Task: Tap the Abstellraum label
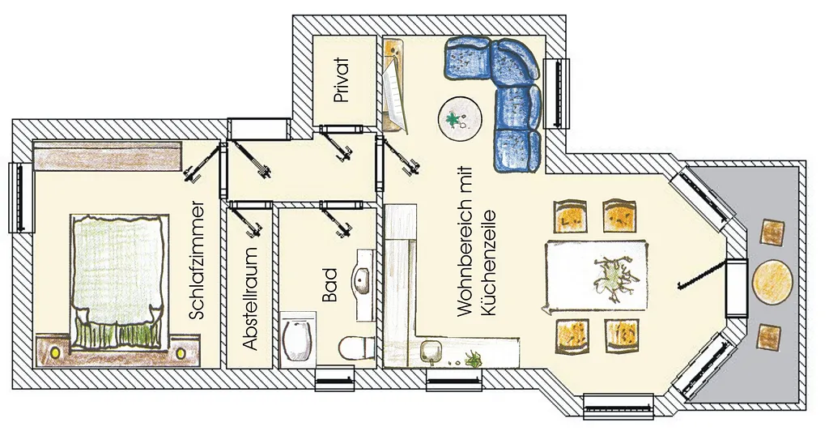click(x=251, y=298)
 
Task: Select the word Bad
click(x=329, y=285)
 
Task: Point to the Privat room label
click(x=342, y=80)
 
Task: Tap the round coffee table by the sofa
click(x=460, y=119)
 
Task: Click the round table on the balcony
click(x=772, y=281)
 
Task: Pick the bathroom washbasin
click(x=363, y=279)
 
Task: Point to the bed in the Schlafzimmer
click(x=120, y=281)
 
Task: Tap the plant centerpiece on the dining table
click(x=614, y=275)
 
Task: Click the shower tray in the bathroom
click(x=297, y=339)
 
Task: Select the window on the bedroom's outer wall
click(x=22, y=198)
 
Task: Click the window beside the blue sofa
click(x=557, y=93)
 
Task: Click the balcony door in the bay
click(x=737, y=288)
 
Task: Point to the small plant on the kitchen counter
click(x=473, y=360)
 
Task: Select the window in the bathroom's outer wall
click(x=334, y=378)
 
